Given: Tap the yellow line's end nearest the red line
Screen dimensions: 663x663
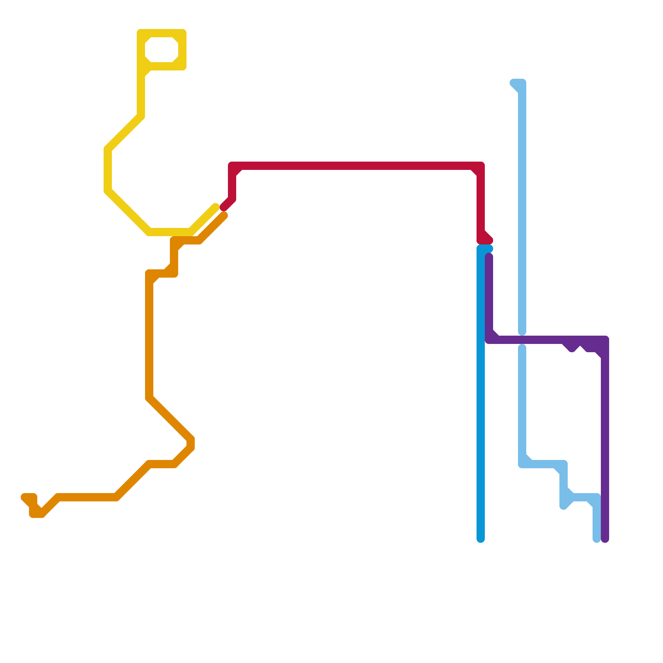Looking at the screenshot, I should tap(215, 207).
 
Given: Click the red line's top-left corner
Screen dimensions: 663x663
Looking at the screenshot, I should tap(232, 166).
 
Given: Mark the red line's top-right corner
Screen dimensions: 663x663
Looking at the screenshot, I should tap(481, 166).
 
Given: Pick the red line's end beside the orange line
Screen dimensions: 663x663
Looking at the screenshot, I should tap(224, 207).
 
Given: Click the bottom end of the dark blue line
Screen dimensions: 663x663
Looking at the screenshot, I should tap(481, 539).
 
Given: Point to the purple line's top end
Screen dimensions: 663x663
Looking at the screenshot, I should tap(489, 257).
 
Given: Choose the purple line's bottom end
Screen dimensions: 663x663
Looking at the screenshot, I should tap(605, 539).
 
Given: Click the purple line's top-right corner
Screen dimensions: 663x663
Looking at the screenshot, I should tap(605, 340).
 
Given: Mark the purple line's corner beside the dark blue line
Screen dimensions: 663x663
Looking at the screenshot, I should tap(489, 340).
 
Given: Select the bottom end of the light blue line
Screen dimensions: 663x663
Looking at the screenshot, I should tap(597, 539).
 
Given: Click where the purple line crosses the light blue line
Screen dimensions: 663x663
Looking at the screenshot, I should tap(522, 340).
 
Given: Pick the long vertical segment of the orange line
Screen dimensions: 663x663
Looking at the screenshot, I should tap(149, 340).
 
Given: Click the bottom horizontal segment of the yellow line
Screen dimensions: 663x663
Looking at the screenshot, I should tap(170, 232).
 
